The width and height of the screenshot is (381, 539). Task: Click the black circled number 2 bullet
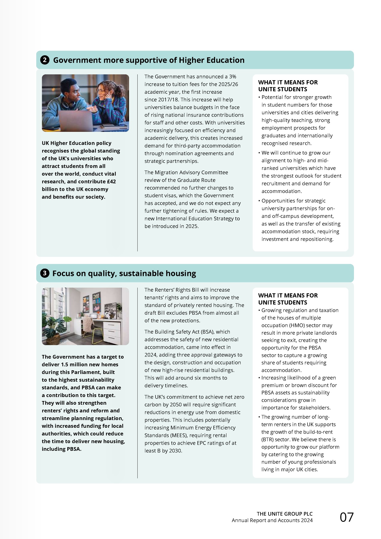[45, 60]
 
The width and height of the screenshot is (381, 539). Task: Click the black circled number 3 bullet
[45, 273]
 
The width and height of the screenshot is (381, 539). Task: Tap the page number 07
[347, 517]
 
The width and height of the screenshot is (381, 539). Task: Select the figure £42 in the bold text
[111, 182]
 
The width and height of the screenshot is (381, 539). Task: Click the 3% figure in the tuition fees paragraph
[233, 77]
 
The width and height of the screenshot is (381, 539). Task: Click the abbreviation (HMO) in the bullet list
[289, 325]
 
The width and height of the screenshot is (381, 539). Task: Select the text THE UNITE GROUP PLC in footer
[285, 514]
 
